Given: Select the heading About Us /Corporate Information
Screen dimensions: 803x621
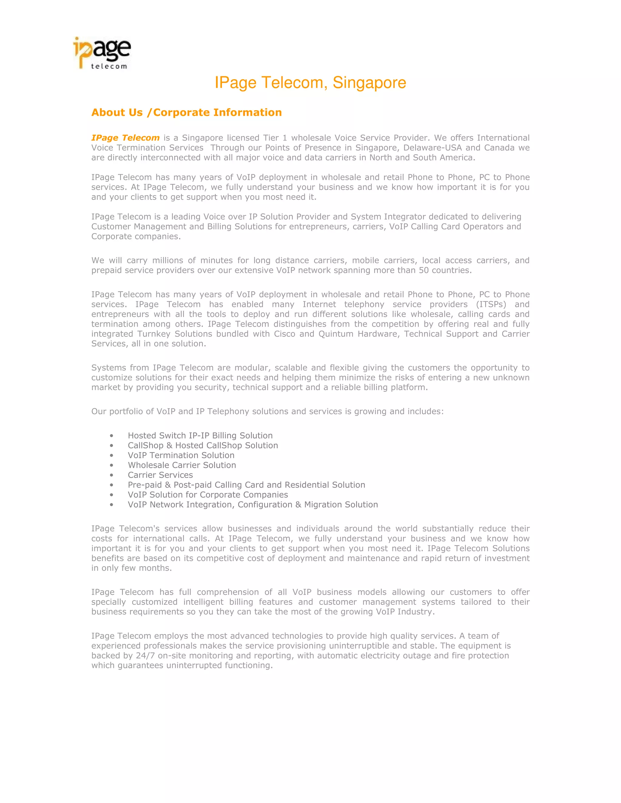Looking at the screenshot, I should (x=186, y=112).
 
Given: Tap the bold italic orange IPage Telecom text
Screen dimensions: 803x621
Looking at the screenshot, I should (x=125, y=138).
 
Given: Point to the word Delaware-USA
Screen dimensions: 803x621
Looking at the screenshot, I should (x=432, y=148).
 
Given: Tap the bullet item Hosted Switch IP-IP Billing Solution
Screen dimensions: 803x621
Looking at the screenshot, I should (x=200, y=436).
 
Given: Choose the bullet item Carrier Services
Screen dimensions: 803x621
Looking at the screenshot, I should (x=160, y=475).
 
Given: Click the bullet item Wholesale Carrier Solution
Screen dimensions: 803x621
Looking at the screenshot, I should (x=182, y=465).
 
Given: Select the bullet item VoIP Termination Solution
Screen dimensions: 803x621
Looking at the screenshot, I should (x=181, y=455).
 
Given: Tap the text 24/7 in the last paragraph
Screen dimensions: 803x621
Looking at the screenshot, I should (x=145, y=655).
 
